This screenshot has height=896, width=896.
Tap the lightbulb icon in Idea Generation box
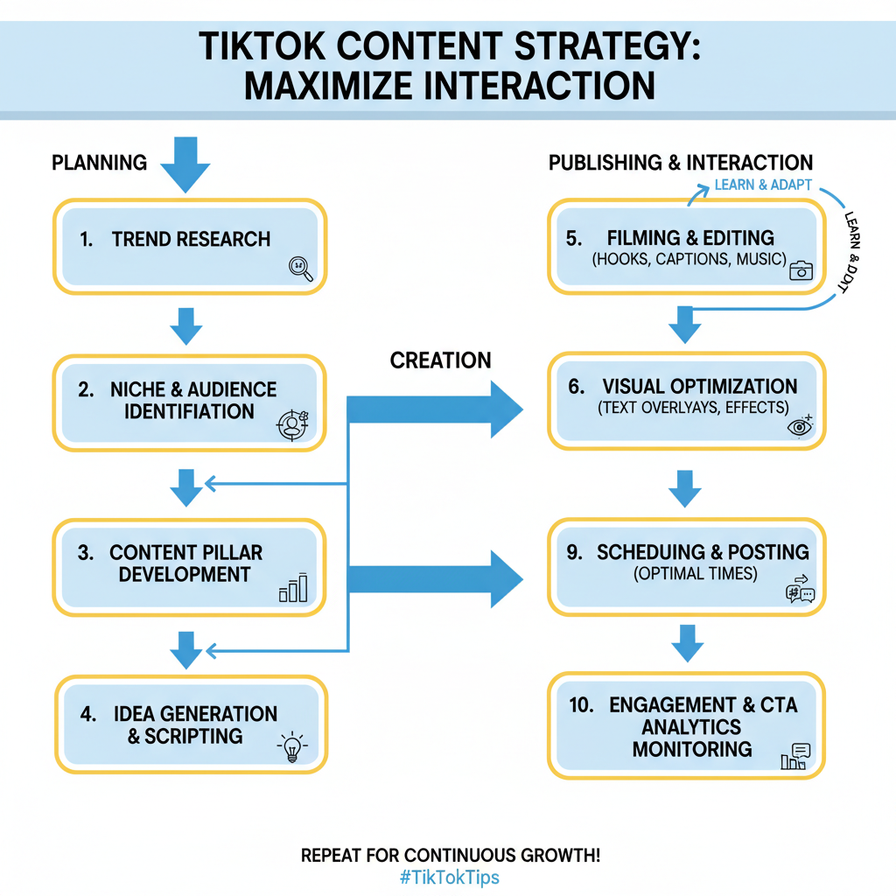tap(290, 748)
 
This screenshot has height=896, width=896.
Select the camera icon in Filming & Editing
tap(801, 270)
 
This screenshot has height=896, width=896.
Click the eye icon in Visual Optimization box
tap(800, 426)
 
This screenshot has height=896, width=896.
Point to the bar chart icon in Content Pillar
tap(293, 588)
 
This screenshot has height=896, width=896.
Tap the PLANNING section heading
tap(99, 163)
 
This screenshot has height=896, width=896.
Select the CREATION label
tap(440, 360)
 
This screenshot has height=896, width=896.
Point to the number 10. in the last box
tap(583, 705)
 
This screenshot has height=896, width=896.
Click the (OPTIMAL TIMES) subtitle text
tap(696, 575)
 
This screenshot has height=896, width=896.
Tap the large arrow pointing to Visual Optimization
tap(437, 409)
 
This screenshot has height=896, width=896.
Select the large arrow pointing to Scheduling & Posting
tap(437, 578)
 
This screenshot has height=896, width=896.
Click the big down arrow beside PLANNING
tap(185, 164)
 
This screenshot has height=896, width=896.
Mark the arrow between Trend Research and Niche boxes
tap(185, 325)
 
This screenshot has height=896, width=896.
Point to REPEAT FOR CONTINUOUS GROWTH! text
tap(450, 855)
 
